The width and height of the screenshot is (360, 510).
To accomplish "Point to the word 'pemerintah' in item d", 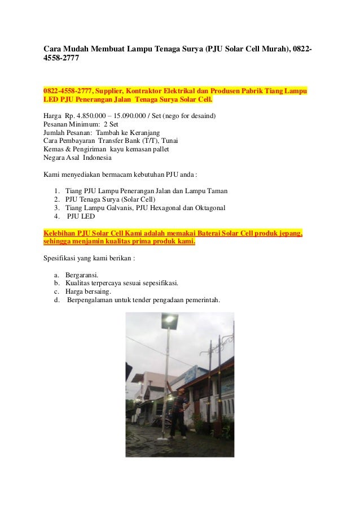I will [203, 300].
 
